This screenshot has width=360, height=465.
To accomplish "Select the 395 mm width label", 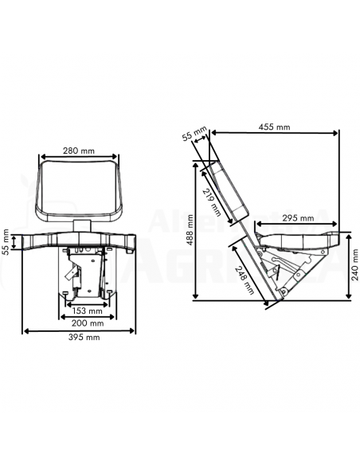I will (82, 338).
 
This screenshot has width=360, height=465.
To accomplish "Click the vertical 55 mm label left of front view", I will (6, 241).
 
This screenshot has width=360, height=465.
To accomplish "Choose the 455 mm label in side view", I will (274, 127).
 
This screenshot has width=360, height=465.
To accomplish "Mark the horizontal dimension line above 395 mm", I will (82, 330).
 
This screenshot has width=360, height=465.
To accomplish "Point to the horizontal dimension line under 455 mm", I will (274, 134).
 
